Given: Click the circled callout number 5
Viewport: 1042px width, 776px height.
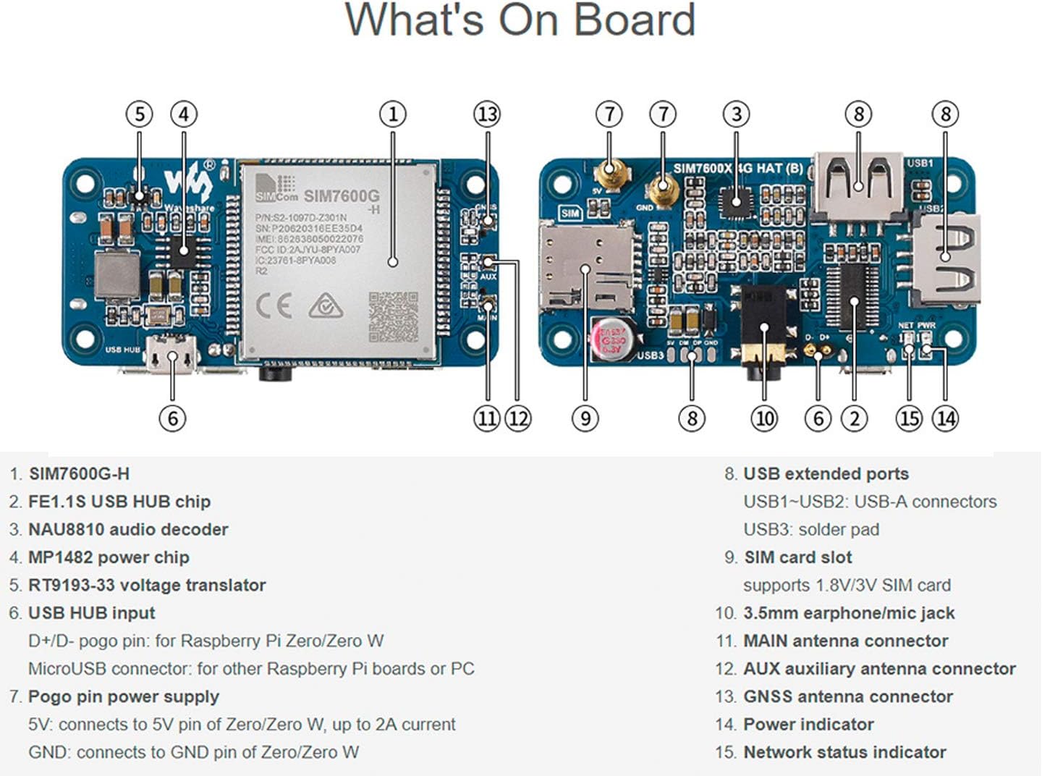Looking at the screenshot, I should [139, 114].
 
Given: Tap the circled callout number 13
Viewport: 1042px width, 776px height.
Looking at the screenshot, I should [487, 114].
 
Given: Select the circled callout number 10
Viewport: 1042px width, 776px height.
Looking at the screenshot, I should [764, 418].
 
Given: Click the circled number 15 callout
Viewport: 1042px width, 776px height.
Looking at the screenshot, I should [909, 418].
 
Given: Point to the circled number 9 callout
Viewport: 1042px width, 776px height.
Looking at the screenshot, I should [585, 418].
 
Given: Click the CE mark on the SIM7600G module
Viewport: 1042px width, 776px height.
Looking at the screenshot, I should [274, 307].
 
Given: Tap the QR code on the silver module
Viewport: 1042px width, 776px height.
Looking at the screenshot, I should [393, 316].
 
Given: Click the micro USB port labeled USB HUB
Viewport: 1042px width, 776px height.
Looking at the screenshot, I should [171, 356].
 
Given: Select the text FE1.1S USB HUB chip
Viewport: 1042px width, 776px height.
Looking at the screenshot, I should [119, 502].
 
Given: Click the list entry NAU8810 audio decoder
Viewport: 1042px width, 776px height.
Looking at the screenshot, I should [127, 529].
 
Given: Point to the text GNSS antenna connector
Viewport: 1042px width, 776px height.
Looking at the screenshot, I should [847, 696].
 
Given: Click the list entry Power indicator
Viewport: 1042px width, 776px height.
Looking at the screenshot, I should [808, 724].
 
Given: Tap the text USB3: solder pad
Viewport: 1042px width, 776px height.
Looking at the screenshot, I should [811, 529].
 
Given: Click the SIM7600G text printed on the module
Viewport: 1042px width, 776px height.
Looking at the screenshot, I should [341, 195].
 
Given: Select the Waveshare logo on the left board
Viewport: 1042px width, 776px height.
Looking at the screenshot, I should [188, 185].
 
